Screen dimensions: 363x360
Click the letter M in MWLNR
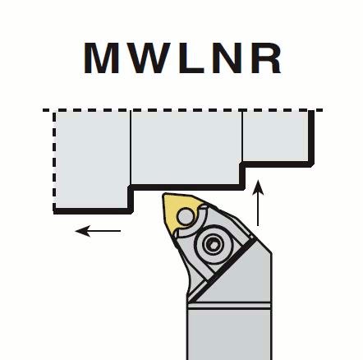click(101, 58)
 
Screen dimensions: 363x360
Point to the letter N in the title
click(226, 58)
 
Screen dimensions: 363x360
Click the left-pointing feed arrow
click(98, 231)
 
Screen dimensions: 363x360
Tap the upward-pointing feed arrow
click(258, 203)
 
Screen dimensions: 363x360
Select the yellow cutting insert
click(181, 212)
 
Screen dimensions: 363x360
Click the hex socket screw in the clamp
click(213, 242)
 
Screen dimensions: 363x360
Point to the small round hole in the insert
click(185, 216)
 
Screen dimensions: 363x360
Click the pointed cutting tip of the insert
click(164, 195)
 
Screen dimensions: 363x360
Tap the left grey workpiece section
click(92, 160)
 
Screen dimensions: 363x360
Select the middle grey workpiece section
click(186, 148)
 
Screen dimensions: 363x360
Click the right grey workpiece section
click(276, 136)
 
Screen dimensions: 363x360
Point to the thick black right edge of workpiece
click(311, 137)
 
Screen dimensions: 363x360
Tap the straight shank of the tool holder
click(229, 333)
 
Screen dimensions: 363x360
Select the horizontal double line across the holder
click(229, 306)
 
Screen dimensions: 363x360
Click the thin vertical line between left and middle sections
click(131, 148)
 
